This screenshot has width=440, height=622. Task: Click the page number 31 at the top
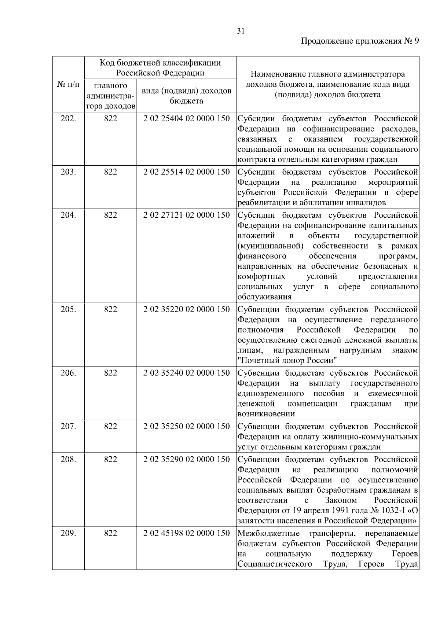pos(241,31)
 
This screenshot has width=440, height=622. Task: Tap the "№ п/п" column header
pos(68,84)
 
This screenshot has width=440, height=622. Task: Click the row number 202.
pos(68,119)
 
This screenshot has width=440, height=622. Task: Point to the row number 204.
pos(68,215)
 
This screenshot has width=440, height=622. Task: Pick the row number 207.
pos(68,426)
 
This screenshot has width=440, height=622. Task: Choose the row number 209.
pos(68,533)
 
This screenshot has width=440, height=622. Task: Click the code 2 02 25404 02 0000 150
pos(187,119)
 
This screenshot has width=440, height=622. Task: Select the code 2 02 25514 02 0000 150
pos(187,172)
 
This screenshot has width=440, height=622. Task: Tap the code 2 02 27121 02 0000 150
pos(187,215)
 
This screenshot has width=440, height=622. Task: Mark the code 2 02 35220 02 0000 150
pos(187,309)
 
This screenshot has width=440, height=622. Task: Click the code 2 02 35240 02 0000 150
pos(187,373)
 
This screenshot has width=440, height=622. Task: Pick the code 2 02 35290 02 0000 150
pos(187,459)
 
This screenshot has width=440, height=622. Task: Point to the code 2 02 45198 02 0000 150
pos(187,533)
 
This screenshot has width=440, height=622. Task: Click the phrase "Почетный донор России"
pos(287,361)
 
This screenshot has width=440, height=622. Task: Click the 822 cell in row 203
pos(110,172)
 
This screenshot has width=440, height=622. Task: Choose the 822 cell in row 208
pos(110,459)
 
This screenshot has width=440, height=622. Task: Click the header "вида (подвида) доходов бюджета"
pos(187,96)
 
